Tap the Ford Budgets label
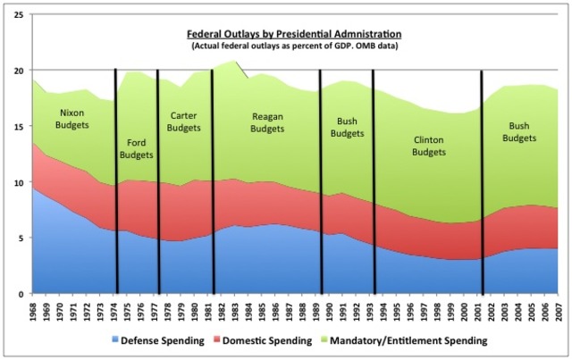point(137,147)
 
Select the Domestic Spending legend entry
point(282,341)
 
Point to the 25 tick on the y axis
point(18,15)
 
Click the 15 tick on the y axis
point(18,127)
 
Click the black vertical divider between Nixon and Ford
point(116,179)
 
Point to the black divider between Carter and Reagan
point(212,179)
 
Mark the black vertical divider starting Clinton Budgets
point(374,179)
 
